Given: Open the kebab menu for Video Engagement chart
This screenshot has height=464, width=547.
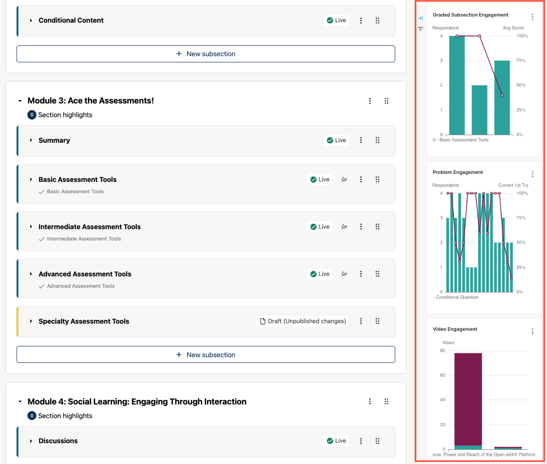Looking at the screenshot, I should point(532,332).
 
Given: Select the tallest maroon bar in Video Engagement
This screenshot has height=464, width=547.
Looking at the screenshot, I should point(468,399).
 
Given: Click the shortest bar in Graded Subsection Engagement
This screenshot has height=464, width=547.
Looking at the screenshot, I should point(479,110).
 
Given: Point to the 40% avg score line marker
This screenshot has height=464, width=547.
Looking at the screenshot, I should point(502,95).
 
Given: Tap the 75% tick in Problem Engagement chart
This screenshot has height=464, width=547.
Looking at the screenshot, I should point(520,218).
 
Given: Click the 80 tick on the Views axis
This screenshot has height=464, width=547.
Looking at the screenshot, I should point(443,351).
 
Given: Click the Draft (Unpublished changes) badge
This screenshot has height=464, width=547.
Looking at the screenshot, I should point(303,321).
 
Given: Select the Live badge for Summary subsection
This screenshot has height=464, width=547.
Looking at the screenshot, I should point(336,140).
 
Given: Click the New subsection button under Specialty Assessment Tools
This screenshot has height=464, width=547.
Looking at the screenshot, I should point(206,355).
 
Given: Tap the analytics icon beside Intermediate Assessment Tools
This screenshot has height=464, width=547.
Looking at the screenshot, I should point(344,227).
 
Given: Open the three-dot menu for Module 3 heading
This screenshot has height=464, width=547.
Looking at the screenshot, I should point(370,101).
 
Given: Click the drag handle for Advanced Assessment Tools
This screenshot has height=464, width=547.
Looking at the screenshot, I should point(377,274).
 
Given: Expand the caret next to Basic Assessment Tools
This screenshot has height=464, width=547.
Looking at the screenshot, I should point(31,180).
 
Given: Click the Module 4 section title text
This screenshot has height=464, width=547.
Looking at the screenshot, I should point(137,402).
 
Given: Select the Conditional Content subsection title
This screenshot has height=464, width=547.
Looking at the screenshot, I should point(71,20).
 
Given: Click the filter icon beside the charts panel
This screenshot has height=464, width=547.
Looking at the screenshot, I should point(420,29).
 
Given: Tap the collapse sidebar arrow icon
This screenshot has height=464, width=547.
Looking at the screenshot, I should point(420,18).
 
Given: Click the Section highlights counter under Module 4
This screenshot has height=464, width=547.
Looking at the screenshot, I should point(32,416).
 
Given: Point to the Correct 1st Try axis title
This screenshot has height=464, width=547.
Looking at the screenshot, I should point(513,185).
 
